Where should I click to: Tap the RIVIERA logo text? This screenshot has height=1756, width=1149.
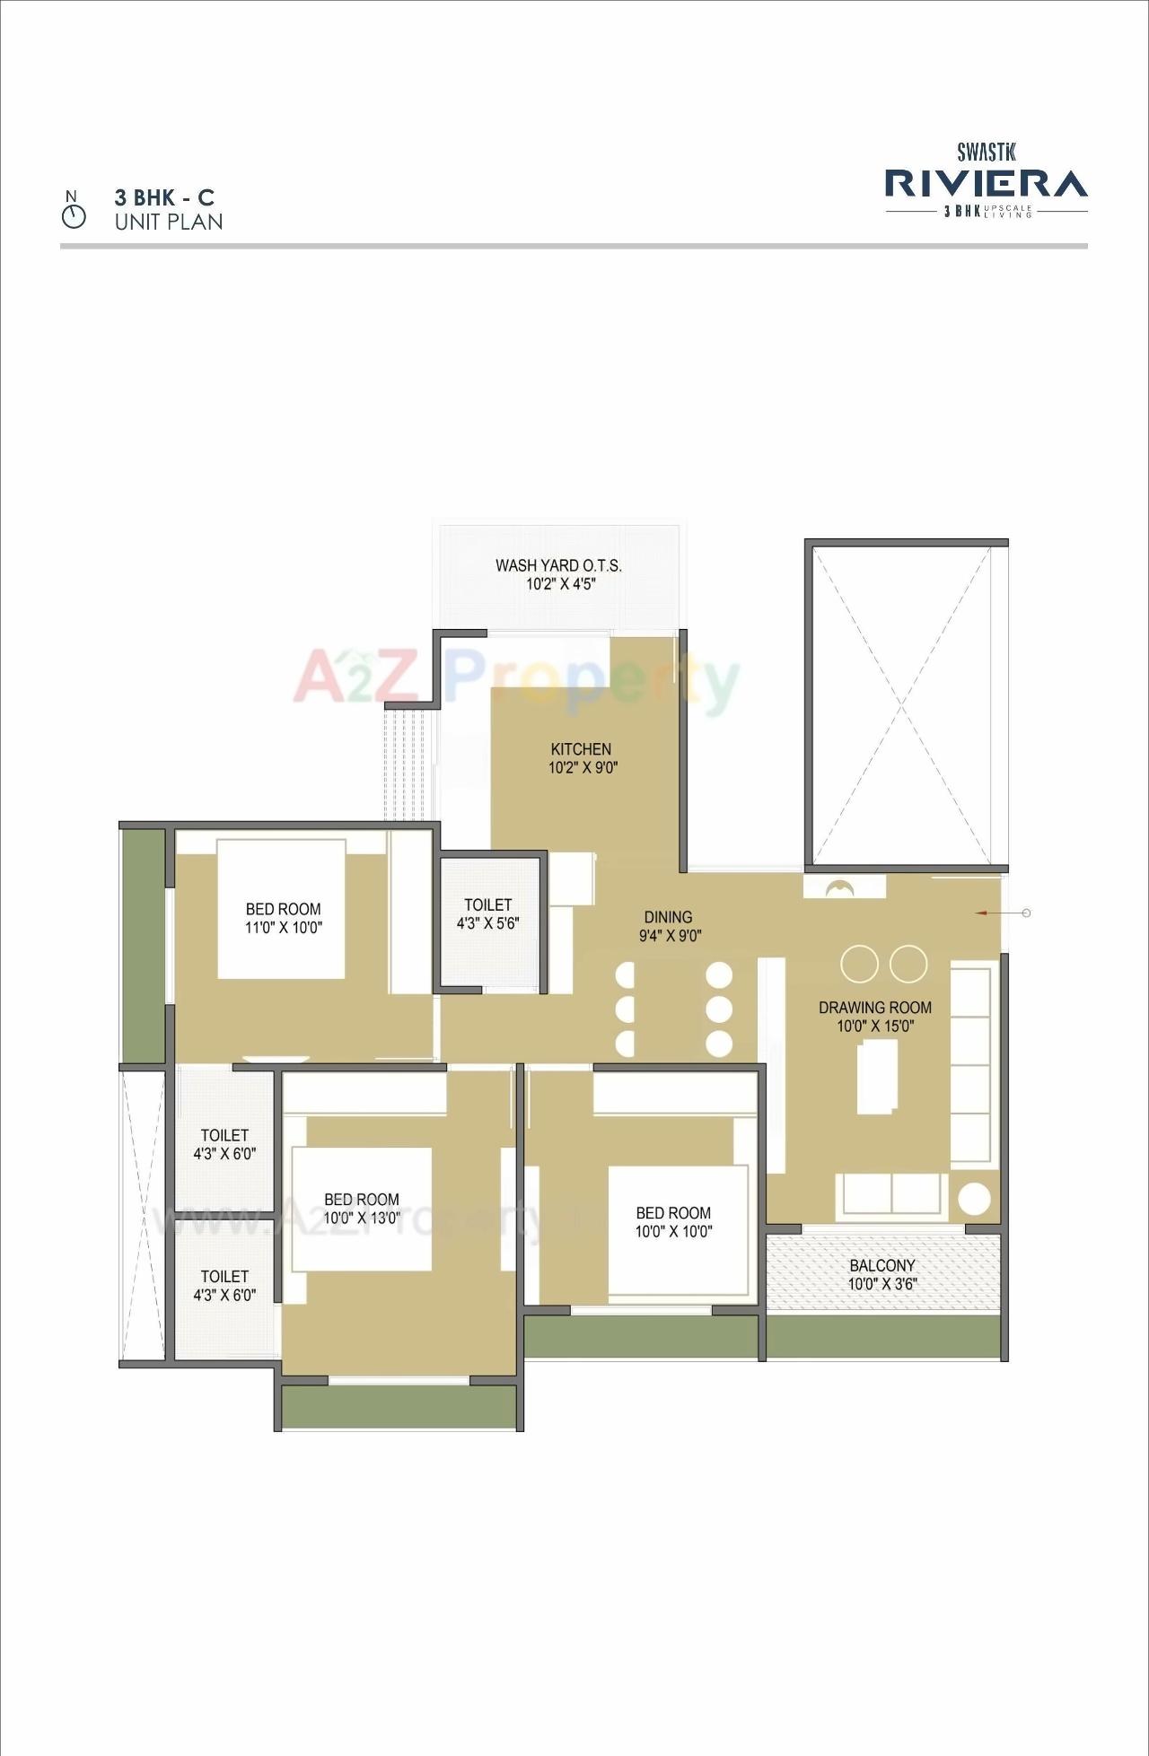[x=986, y=183]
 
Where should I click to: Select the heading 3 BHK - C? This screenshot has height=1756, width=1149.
[x=164, y=197]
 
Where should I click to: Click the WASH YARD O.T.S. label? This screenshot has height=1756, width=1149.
[x=558, y=565]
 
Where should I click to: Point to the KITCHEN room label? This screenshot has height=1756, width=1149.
[x=582, y=749]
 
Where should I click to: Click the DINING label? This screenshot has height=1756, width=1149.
[x=668, y=917]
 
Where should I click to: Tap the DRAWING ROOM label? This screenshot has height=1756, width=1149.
[x=875, y=1008]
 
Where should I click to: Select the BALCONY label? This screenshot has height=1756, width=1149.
[x=882, y=1265]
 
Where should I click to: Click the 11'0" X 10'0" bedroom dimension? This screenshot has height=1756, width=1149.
[x=284, y=928]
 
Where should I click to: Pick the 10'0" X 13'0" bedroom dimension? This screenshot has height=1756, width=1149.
[x=362, y=1219]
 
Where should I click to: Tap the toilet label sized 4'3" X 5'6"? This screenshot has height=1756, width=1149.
[x=488, y=914]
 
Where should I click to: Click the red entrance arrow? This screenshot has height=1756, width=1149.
[x=984, y=913]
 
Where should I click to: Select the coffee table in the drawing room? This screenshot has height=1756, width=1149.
[x=877, y=1077]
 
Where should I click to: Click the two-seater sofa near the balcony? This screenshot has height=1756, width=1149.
[x=891, y=1194]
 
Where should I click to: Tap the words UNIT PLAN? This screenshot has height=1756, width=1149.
[x=169, y=222]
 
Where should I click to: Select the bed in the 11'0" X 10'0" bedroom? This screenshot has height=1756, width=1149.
[x=281, y=908]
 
